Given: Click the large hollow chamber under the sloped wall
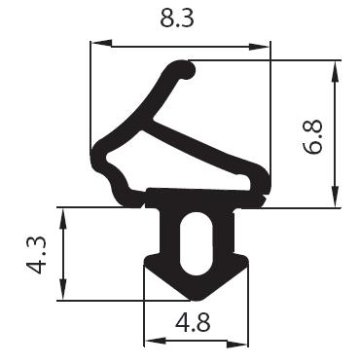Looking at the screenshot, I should pos(195,161).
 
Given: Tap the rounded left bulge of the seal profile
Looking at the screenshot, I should pos(100,155).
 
